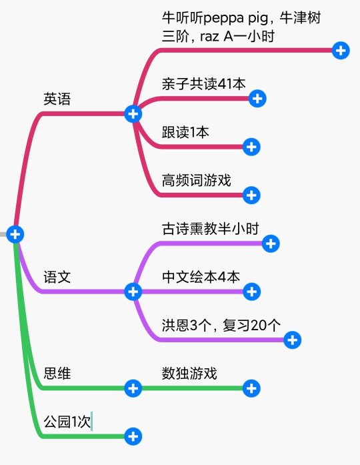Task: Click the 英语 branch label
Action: (57, 99)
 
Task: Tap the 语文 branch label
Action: (57, 277)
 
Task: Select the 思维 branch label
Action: (57, 373)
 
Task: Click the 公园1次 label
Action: (67, 422)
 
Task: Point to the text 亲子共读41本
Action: (203, 84)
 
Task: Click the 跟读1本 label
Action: (185, 132)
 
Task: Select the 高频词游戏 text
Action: (196, 180)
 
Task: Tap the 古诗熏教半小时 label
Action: (211, 229)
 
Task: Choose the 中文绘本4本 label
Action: (201, 277)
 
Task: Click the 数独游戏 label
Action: (189, 373)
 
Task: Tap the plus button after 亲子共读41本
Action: (257, 99)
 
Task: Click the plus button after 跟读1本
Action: (251, 147)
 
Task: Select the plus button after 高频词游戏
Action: (251, 195)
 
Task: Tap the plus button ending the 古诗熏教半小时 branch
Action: (271, 244)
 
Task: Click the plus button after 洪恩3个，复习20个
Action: (293, 340)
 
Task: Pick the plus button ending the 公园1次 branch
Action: (133, 436)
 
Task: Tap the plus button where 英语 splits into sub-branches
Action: (133, 114)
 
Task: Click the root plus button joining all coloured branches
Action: (15, 234)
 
